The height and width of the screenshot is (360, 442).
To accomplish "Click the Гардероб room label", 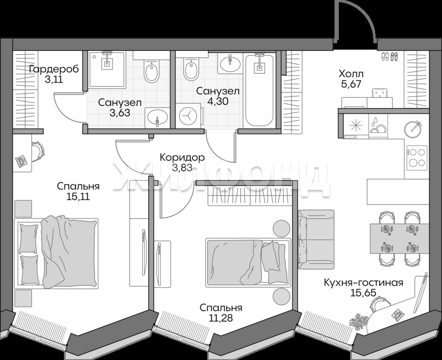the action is [54, 69].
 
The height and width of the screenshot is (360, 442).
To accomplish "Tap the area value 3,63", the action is [120, 113].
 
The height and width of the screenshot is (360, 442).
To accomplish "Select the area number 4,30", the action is [218, 101].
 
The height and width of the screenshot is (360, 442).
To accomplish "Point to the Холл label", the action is [351, 74].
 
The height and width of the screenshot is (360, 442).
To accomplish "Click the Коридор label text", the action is [182, 157].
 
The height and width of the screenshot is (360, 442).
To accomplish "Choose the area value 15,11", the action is [78, 196].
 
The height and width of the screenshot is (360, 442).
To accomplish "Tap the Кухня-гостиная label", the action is [363, 282].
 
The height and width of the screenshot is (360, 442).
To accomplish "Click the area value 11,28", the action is [221, 318].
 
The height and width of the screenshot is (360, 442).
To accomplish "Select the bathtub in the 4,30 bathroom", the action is [259, 91].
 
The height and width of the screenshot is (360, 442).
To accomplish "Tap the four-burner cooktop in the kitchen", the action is [416, 158].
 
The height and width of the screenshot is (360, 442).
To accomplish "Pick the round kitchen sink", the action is [412, 129].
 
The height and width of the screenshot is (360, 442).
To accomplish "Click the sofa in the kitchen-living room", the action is [316, 239].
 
